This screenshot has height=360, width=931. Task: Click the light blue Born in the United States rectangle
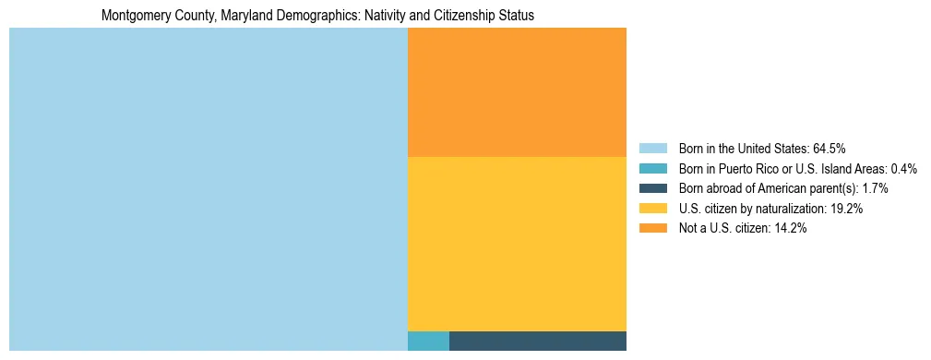click(208, 189)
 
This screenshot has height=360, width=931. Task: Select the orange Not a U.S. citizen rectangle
click(517, 92)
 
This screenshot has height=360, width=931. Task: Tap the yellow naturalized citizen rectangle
click(517, 244)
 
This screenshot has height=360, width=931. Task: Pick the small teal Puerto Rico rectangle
click(428, 341)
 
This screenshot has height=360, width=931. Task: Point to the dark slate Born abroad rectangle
click(538, 341)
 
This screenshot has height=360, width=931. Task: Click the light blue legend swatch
click(652, 148)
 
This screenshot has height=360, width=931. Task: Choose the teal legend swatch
click(652, 168)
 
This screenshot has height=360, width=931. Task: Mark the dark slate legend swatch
click(652, 188)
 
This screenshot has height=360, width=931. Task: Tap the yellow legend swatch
click(652, 209)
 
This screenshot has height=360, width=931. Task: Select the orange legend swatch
click(652, 229)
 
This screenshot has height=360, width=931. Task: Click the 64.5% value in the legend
click(830, 148)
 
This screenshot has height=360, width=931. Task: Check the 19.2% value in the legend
click(846, 209)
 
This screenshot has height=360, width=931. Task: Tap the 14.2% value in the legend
click(790, 229)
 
